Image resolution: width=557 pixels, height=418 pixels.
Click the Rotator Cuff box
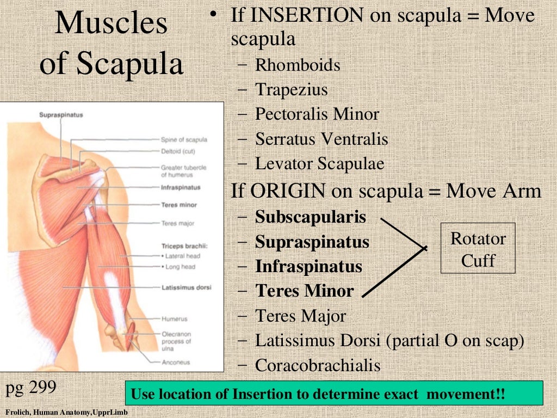pyautogui.click(x=478, y=249)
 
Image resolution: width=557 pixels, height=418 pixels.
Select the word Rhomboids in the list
pyautogui.click(x=298, y=65)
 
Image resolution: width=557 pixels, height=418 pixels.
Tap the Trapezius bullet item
pyautogui.click(x=292, y=89)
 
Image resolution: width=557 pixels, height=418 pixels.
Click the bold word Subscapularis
pyautogui.click(x=311, y=217)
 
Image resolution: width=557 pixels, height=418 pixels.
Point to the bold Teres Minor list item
pyautogui.click(x=305, y=291)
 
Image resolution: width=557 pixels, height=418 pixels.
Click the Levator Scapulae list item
pyautogui.click(x=320, y=163)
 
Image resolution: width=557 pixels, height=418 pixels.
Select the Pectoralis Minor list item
pyautogui.click(x=317, y=114)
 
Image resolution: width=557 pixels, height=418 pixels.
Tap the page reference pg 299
pyautogui.click(x=31, y=388)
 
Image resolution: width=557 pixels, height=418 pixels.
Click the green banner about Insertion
pyautogui.click(x=334, y=394)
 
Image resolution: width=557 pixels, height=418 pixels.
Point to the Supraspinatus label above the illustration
pyautogui.click(x=61, y=115)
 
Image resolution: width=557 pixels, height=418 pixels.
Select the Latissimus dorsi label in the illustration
pyautogui.click(x=186, y=287)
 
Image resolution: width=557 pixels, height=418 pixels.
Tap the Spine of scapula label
pyautogui.click(x=184, y=140)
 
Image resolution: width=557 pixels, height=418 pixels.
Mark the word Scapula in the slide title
pyautogui.click(x=129, y=64)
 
